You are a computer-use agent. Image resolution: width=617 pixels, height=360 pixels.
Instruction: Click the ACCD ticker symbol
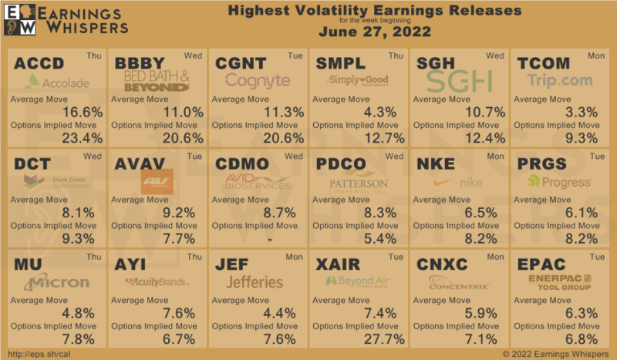[38, 64]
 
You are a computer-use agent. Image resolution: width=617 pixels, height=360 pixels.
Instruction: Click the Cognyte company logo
[258, 80]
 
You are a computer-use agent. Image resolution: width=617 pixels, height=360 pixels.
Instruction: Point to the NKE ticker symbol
[437, 163]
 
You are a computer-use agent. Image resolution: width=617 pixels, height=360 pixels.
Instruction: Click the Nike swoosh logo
[443, 183]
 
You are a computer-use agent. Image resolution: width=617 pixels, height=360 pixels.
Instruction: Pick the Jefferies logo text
[255, 282]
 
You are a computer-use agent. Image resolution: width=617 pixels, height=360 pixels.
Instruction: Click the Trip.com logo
[560, 80]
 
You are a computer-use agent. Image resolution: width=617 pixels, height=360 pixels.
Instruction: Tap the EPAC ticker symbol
[543, 264]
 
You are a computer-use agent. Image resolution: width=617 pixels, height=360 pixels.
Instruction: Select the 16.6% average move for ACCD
[83, 113]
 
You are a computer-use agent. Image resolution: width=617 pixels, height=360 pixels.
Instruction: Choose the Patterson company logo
[358, 183]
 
